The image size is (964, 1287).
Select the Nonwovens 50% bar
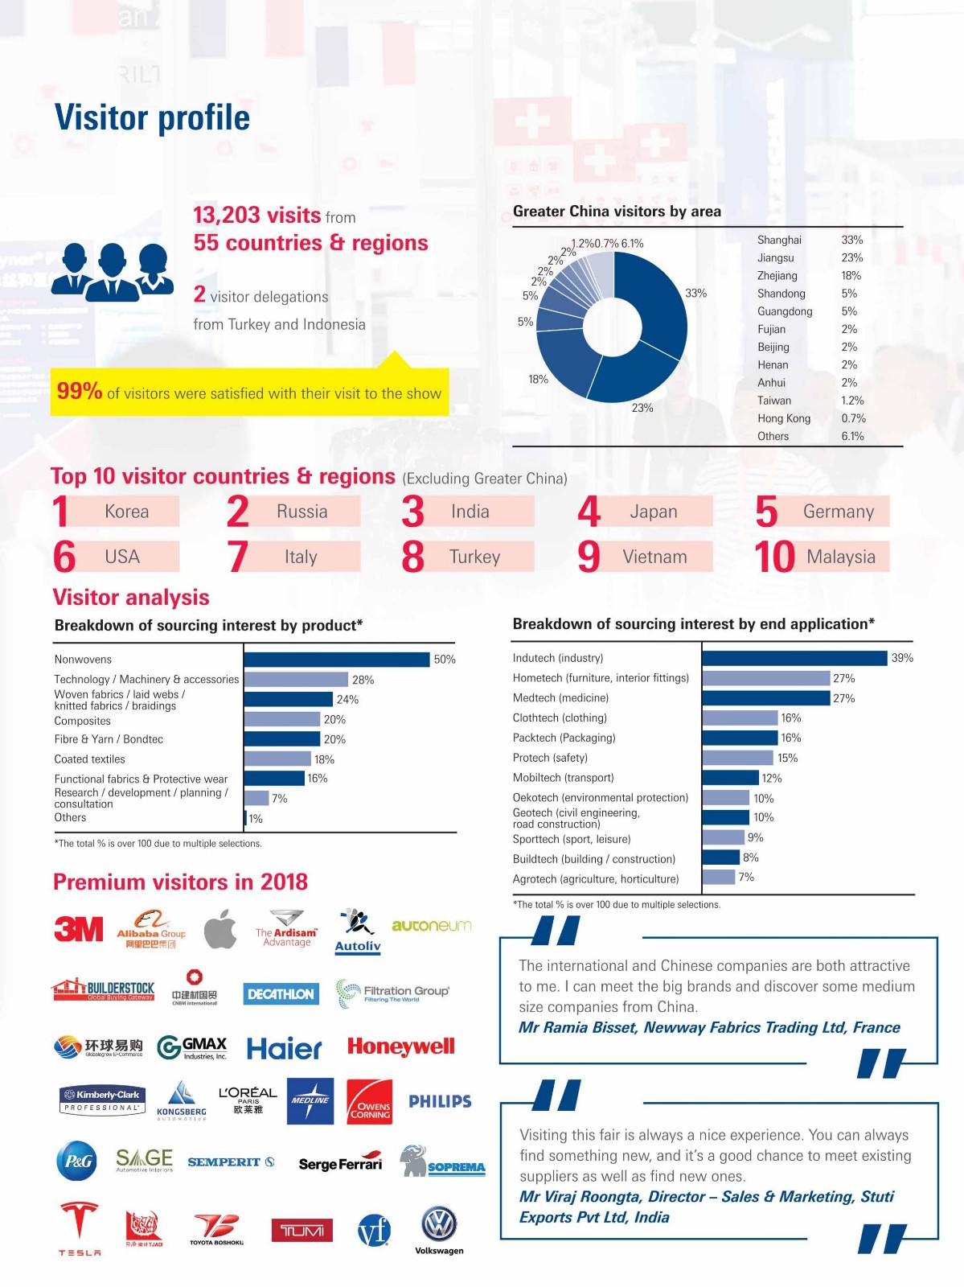pos(337,660)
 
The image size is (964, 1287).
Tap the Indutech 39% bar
pos(794,658)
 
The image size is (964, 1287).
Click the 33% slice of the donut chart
pos(655,302)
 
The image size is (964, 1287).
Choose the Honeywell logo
pos(400,1046)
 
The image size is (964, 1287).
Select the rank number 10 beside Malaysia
pos(774,557)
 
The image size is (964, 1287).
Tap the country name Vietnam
pos(654,557)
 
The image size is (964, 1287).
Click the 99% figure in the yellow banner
pos(79,392)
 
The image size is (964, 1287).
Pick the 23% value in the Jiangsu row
pos(851,258)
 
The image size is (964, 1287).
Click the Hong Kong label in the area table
pos(783,418)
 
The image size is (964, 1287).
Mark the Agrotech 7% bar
pos(719,877)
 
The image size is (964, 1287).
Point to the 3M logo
pos(78,929)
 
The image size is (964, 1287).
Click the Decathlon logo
pos(281,994)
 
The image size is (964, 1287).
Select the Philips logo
pos(440,1101)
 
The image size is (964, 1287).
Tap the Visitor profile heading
pos(152,117)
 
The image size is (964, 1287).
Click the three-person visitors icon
pos(112,272)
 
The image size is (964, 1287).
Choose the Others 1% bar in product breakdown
pos(245,818)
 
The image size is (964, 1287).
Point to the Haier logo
pos(284,1048)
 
